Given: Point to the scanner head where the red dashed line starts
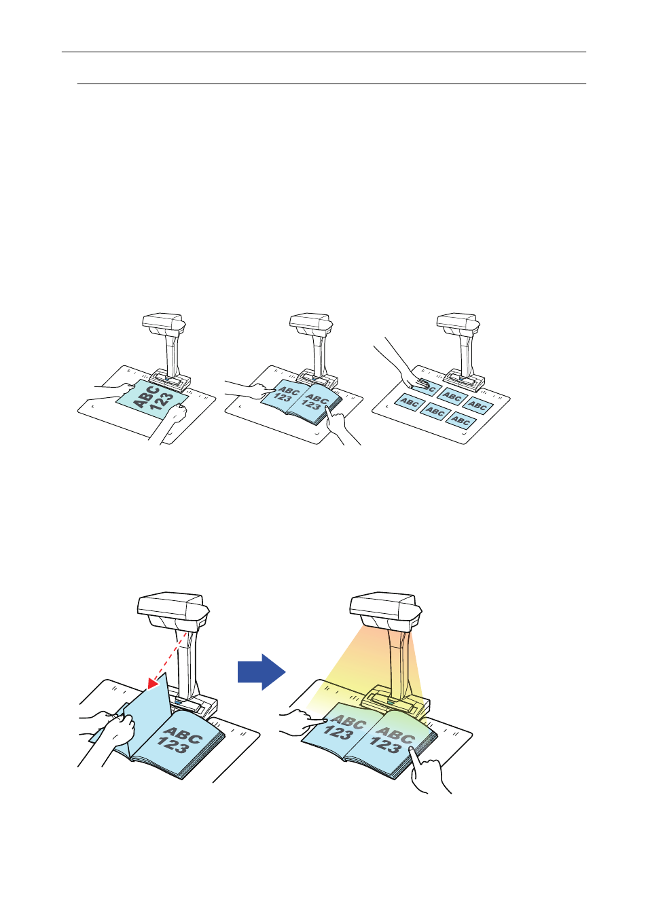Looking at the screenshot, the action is click(173, 610).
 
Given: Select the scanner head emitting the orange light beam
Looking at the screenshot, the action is click(385, 610).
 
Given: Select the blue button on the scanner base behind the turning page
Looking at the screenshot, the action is click(179, 702).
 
